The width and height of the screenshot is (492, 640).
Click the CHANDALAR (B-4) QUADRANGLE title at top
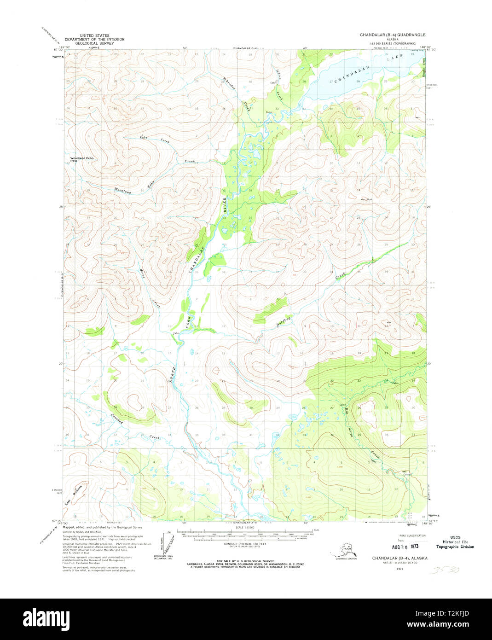(x=393, y=35)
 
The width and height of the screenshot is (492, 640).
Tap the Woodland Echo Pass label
(x=81, y=159)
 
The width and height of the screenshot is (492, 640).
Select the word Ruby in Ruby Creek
(x=145, y=138)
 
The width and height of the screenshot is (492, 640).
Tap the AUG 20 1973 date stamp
(x=405, y=547)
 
